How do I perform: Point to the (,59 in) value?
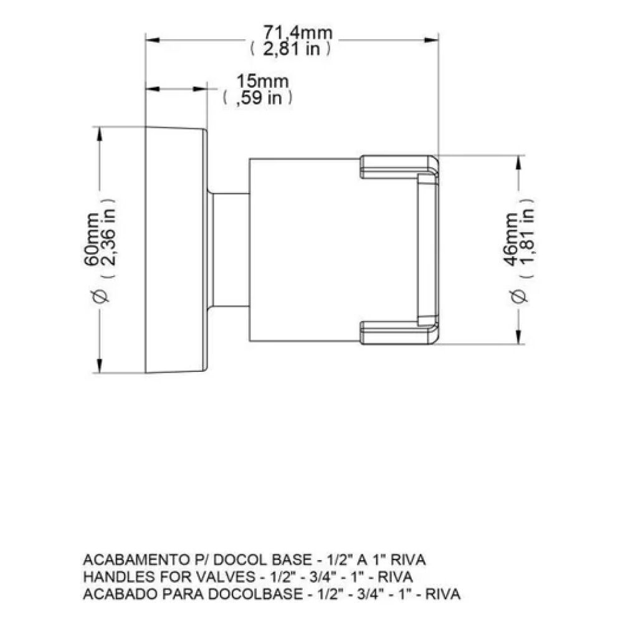[x=257, y=98]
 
